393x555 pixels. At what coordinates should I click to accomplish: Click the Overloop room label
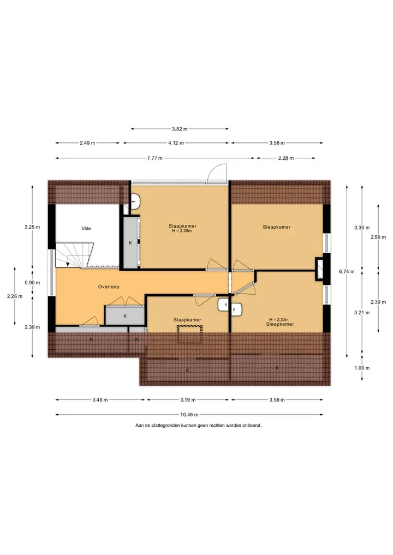tap(109, 287)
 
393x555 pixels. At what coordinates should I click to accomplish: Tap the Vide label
tap(86, 228)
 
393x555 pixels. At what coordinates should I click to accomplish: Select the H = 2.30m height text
tap(182, 231)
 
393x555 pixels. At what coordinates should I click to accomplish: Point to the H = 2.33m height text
tap(278, 320)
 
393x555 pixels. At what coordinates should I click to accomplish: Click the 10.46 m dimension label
tap(189, 415)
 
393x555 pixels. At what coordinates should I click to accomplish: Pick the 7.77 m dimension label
tap(154, 158)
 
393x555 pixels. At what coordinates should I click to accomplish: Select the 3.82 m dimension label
tap(180, 129)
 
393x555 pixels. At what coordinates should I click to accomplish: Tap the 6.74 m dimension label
tap(347, 271)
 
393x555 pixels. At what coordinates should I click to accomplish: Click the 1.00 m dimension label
tap(362, 368)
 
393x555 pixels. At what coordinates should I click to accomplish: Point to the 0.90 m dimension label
tap(32, 283)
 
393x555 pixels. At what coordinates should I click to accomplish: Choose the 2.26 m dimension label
tap(15, 296)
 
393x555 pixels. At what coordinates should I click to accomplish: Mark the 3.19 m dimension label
tap(188, 399)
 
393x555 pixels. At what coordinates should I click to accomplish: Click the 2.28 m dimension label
tap(285, 158)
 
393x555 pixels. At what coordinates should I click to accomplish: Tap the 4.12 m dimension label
tap(176, 143)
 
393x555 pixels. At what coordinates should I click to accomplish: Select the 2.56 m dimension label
tap(378, 237)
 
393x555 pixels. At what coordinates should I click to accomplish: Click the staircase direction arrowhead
tap(68, 264)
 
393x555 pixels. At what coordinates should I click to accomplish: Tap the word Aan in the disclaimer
tap(139, 425)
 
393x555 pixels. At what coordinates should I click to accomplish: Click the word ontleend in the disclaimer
tap(252, 425)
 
